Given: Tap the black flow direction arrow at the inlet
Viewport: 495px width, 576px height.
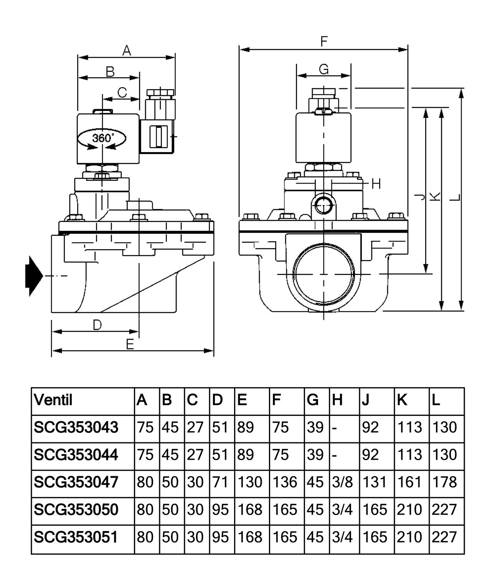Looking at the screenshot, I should [33, 276].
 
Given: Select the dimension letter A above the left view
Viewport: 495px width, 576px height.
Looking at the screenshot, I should [127, 50].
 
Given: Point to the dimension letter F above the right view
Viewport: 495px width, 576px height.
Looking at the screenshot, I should [324, 41].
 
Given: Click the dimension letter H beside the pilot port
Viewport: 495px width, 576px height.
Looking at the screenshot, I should [376, 184].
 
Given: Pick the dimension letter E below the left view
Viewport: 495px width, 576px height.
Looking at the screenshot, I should [130, 344].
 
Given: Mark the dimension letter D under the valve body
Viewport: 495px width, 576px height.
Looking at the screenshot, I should [97, 325].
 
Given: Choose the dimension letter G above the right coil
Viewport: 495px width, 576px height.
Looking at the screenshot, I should [324, 69].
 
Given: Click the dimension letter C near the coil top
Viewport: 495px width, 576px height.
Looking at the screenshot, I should [122, 92].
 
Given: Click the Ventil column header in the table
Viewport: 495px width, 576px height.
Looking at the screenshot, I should [53, 400].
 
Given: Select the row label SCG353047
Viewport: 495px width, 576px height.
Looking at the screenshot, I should [76, 482].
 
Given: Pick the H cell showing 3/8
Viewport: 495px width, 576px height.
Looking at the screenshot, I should [342, 482].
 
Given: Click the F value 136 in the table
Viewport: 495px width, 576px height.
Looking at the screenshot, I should [285, 482].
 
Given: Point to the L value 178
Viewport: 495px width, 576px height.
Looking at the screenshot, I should [444, 482].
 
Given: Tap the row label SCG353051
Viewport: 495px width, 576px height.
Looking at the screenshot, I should [76, 537].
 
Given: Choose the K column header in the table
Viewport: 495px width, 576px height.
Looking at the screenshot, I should [402, 400].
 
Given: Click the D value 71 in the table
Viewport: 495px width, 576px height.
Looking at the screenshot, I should [220, 482].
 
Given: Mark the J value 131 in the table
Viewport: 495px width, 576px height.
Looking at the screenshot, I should [375, 482].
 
